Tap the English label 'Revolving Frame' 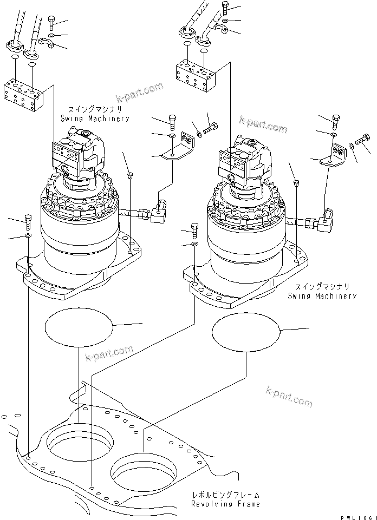[x=225, y=504]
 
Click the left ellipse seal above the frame [x=79, y=326]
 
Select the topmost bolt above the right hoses [x=225, y=7]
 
